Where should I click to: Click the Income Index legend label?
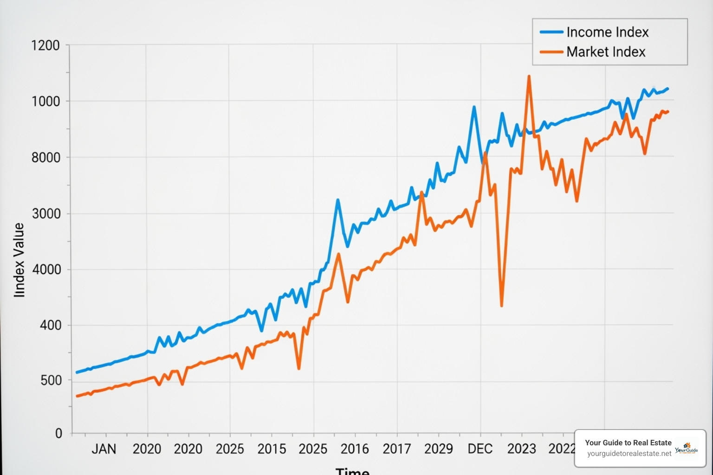pyautogui.click(x=607, y=32)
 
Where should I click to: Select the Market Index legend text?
pyautogui.click(x=606, y=52)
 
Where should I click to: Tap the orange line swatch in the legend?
pyautogui.click(x=551, y=52)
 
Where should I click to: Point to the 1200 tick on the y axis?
pyautogui.click(x=45, y=45)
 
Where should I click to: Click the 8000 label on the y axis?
pyautogui.click(x=45, y=158)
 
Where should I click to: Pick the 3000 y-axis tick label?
pyautogui.click(x=46, y=214)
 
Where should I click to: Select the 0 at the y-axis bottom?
pyautogui.click(x=58, y=433)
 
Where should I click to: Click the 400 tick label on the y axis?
pyautogui.click(x=50, y=325)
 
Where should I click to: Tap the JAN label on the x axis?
pyautogui.click(x=104, y=449)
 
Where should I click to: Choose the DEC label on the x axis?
pyautogui.click(x=480, y=449)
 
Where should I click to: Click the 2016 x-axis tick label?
pyautogui.click(x=355, y=449)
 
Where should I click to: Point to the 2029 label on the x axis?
pyautogui.click(x=438, y=449)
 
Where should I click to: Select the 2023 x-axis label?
pyautogui.click(x=521, y=449)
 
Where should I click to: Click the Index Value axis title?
pyautogui.click(x=19, y=260)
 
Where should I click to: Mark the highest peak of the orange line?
pyautogui.click(x=529, y=77)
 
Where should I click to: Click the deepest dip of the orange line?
pyautogui.click(x=502, y=305)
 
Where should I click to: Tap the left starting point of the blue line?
pyautogui.click(x=77, y=372)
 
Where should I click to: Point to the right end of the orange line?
pyautogui.click(x=668, y=112)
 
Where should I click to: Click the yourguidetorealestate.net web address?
pyautogui.click(x=629, y=454)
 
